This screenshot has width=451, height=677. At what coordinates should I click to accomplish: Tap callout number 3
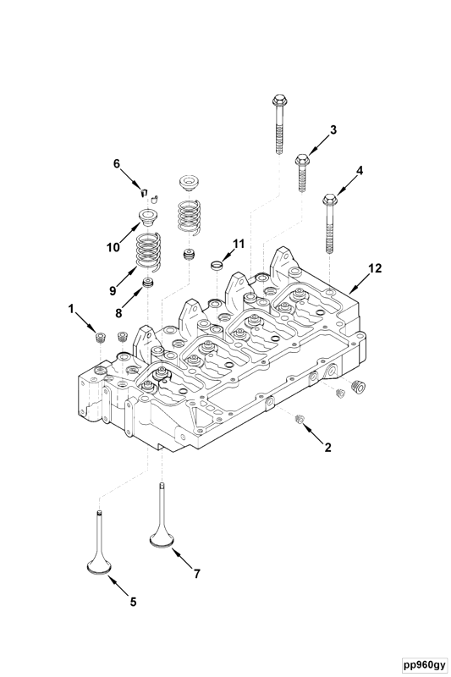pos(333,129)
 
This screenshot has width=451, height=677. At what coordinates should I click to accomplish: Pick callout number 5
pos(132,602)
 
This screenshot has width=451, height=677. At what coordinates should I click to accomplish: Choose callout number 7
pos(196,573)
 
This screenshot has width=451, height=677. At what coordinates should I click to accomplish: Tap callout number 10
pos(113,248)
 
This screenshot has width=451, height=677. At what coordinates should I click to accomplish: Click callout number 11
pos(238,243)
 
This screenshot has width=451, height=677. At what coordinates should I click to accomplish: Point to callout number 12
pos(374,268)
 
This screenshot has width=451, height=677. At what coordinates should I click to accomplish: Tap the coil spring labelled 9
pos(150,251)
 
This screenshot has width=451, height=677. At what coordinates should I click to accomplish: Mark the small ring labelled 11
pos(216,267)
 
